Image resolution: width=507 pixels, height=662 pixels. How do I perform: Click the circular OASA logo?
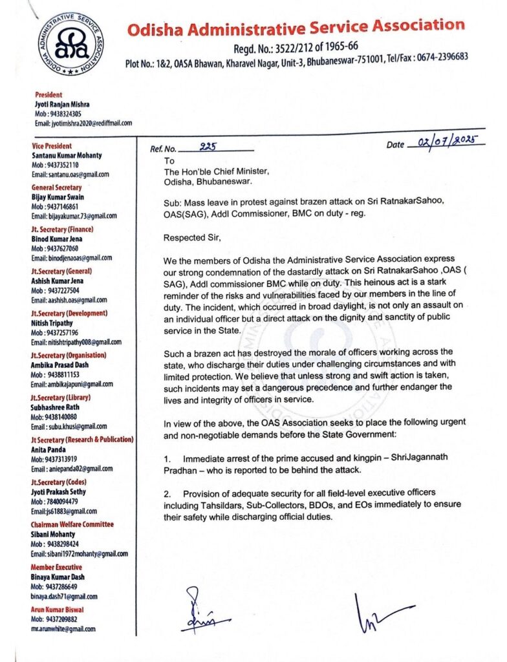(63, 45)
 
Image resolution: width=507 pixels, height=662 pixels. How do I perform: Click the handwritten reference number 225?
(208, 147)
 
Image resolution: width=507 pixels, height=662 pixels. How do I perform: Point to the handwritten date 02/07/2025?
(447, 142)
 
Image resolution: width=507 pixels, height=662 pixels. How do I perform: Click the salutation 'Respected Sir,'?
(193, 237)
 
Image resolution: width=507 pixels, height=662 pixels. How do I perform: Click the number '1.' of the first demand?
(167, 458)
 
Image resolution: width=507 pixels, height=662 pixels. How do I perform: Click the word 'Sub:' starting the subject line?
(173, 202)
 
